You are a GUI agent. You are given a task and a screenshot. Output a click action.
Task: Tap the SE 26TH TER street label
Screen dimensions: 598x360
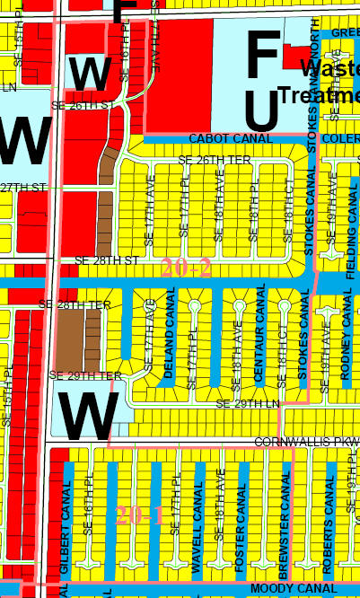tap(215, 159)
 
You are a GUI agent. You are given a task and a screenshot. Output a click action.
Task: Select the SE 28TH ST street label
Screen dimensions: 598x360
tap(106, 259)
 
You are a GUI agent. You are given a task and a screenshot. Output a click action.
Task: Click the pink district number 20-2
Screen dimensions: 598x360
tap(187, 268)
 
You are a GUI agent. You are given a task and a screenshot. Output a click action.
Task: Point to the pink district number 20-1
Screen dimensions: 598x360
tap(139, 514)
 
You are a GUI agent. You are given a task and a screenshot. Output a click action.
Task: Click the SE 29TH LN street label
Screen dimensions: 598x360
tap(248, 405)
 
